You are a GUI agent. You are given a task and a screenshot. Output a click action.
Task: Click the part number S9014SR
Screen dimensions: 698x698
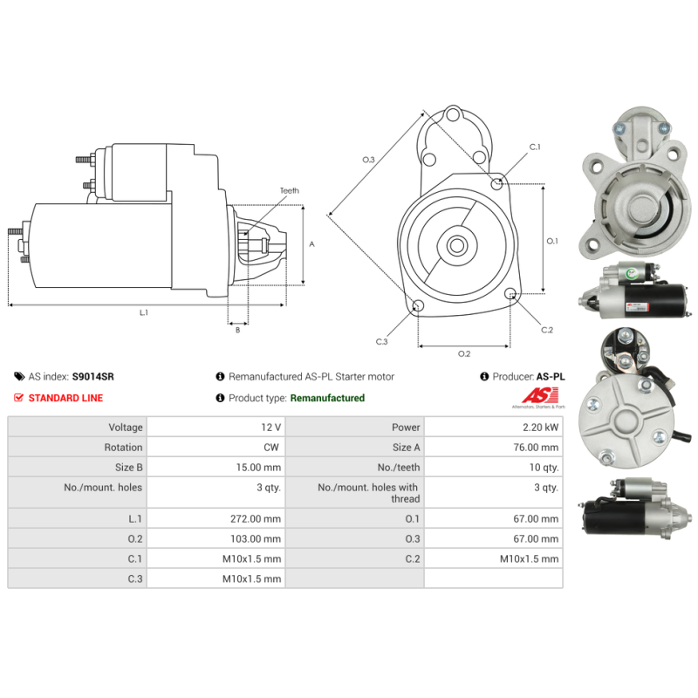[x=93, y=377]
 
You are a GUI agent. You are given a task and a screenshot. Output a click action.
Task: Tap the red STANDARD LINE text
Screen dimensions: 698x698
[x=65, y=398]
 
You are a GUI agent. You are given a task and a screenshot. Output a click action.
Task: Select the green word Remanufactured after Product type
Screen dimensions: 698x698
[x=327, y=398]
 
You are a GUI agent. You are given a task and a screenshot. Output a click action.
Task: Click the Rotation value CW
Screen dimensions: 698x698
[x=271, y=448]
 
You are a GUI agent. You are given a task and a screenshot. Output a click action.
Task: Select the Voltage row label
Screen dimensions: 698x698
[x=126, y=428]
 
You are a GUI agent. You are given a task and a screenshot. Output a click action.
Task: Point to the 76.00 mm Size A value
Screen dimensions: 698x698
[x=536, y=448]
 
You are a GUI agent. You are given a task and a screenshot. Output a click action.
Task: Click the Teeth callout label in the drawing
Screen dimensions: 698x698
[x=290, y=190]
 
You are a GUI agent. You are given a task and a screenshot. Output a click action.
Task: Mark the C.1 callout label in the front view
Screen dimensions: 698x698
[x=535, y=147]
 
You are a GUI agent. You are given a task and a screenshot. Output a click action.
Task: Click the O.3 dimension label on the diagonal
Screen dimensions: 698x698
[x=368, y=160]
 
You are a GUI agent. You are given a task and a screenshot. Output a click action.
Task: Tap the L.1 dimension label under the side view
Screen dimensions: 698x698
[x=143, y=312]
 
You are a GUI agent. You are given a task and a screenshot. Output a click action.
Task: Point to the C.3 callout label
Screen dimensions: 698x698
[x=381, y=341]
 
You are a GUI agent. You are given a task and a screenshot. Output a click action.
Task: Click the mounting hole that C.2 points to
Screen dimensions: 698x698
[x=510, y=293]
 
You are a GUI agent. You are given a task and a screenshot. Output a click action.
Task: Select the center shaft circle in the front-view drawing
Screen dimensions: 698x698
[x=456, y=245]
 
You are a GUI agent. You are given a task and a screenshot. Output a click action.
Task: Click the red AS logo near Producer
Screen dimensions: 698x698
[x=540, y=395]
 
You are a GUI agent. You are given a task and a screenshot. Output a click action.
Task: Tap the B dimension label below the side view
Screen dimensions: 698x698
[x=237, y=330]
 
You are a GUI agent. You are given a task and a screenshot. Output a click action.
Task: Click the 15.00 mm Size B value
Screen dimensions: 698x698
[x=258, y=468]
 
